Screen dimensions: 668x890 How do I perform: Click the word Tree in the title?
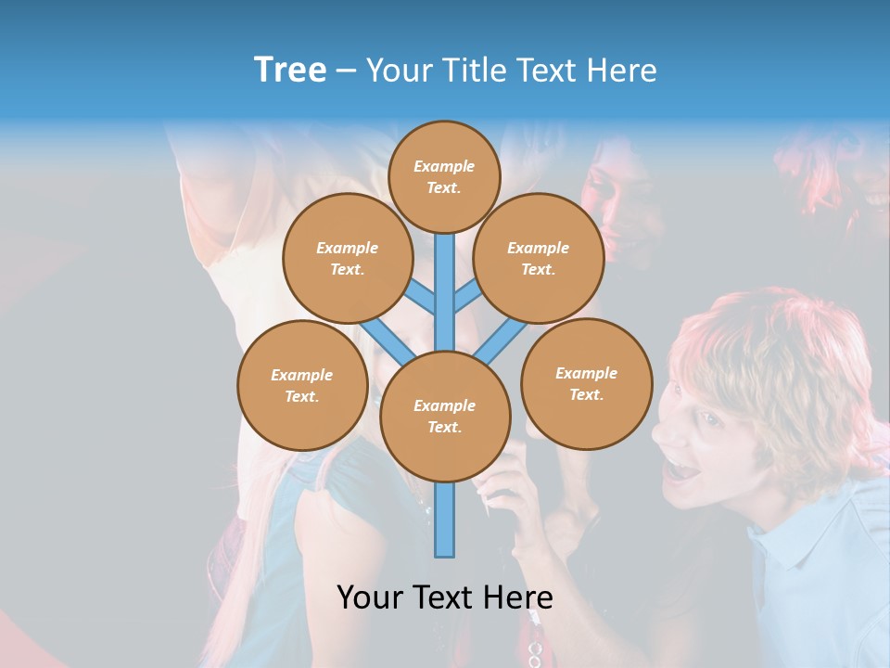(290, 70)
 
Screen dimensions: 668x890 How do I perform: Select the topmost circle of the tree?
(444, 176)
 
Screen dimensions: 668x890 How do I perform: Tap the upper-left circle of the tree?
(348, 258)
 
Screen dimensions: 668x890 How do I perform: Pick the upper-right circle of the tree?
(539, 258)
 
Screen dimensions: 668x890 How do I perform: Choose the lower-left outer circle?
(302, 385)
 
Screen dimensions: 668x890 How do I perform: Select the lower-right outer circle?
(587, 383)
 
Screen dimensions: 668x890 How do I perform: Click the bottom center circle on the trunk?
(445, 416)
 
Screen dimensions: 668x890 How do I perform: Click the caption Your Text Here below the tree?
(445, 597)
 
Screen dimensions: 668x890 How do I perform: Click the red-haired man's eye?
(709, 419)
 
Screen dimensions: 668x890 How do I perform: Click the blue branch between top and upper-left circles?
(421, 297)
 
